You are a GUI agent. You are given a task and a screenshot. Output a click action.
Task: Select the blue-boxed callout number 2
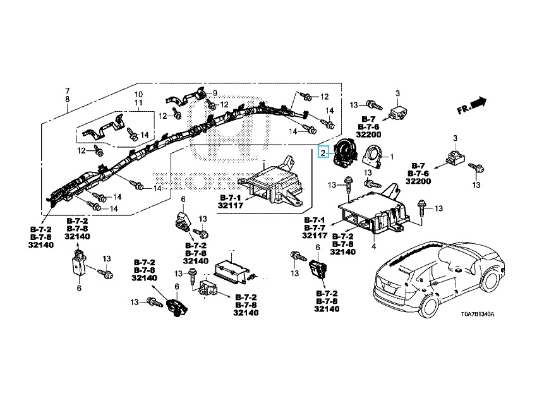[323, 152]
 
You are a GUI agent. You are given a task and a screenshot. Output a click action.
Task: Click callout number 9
[215, 93]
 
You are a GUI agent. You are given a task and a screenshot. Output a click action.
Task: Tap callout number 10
[138, 94]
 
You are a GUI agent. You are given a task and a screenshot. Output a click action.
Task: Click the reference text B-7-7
[314, 227]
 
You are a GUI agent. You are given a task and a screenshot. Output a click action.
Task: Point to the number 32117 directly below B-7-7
[314, 235]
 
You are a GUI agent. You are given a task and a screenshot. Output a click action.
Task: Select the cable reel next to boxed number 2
[344, 153]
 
